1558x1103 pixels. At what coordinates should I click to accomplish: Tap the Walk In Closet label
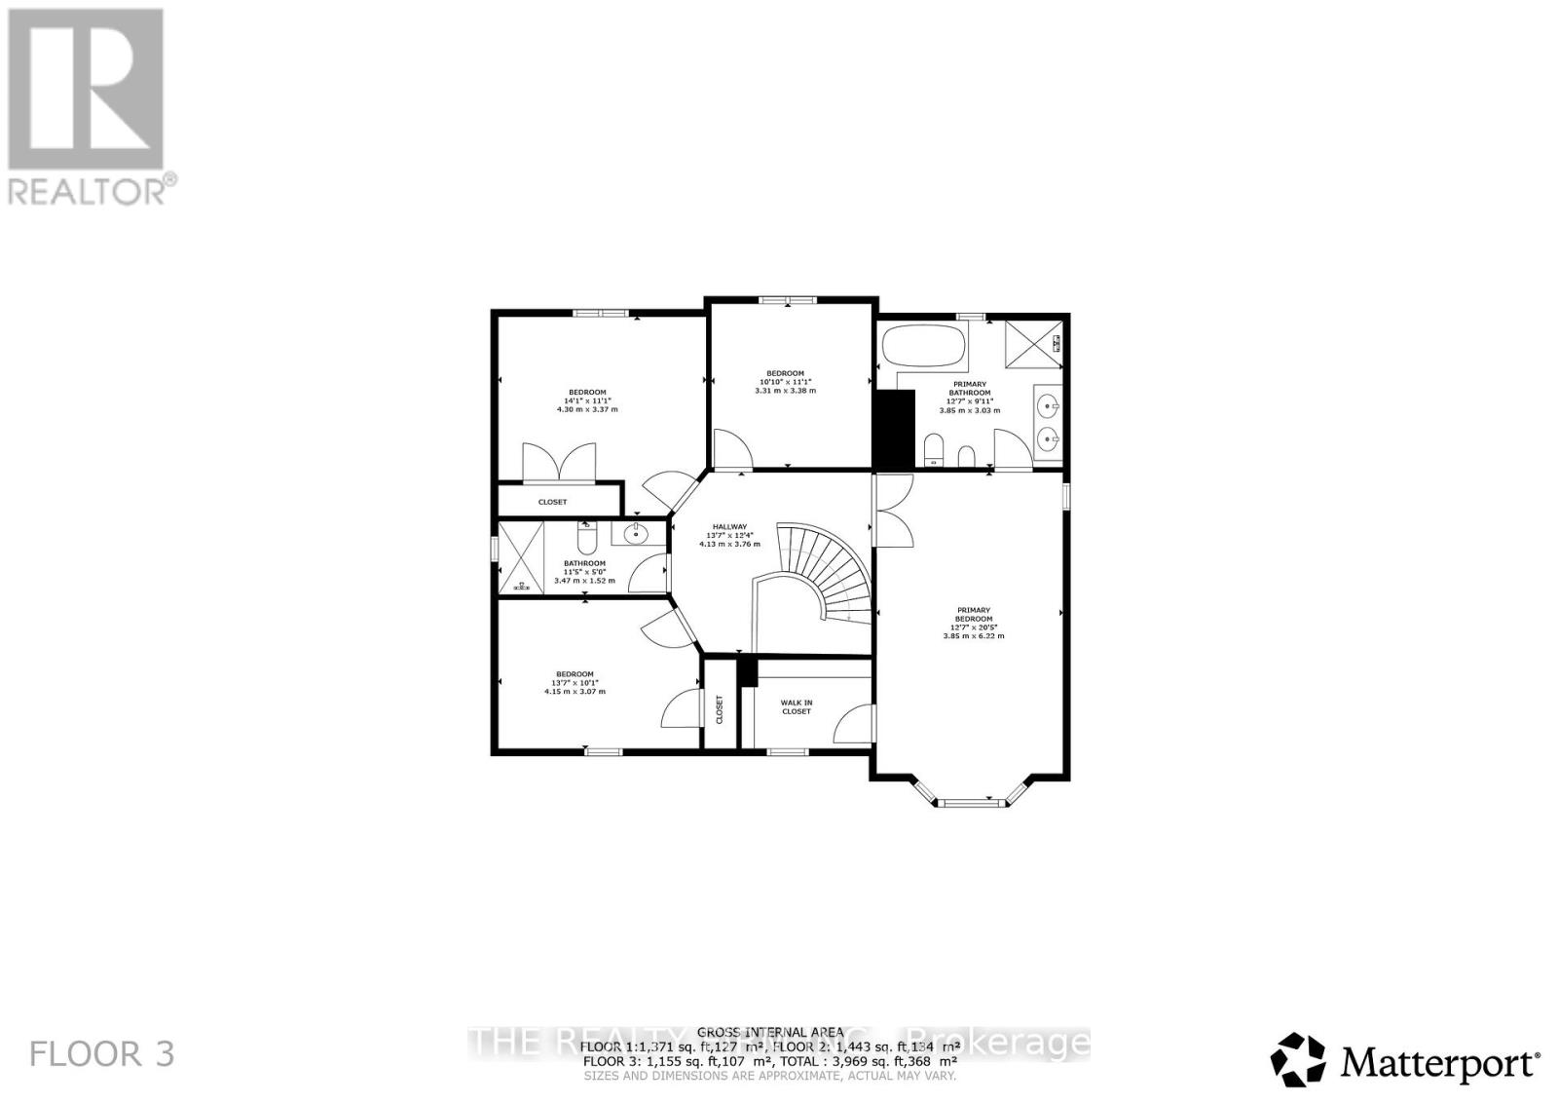pos(796,706)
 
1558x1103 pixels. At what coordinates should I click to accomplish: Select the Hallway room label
pos(729,526)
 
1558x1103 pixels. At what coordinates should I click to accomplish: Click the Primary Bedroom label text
pos(973,614)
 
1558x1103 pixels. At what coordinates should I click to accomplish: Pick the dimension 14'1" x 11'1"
pos(587,400)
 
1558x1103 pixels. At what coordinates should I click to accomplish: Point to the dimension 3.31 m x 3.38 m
pos(785,390)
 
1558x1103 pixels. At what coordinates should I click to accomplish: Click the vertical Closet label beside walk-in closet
pos(720,708)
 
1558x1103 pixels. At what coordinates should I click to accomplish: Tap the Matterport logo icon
pos(1299,1060)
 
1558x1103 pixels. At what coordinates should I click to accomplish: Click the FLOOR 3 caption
pos(102,1053)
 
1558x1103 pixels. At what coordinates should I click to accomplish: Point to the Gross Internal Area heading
pos(770,1031)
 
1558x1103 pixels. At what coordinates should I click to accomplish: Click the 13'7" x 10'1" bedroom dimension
pos(575,682)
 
